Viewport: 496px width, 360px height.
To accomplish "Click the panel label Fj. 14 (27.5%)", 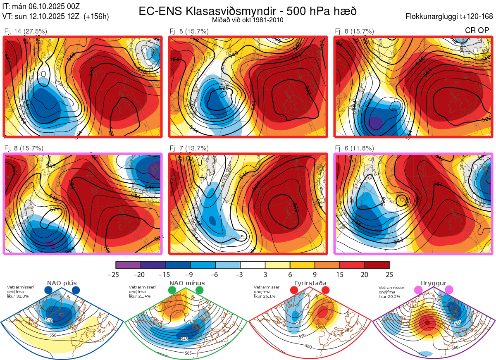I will [25, 31].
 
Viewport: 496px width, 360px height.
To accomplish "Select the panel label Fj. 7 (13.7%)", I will [189, 148].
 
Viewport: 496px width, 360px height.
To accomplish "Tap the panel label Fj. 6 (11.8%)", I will [354, 148].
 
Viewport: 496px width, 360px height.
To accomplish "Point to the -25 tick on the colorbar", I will [116, 274].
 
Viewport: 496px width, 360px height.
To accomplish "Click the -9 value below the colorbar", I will [191, 274].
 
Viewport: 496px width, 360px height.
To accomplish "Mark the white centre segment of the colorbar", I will [253, 265].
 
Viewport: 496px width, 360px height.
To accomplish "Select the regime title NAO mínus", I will [187, 283].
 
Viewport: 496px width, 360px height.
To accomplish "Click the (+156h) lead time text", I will [96, 17].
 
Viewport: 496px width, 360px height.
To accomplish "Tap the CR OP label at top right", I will [477, 31].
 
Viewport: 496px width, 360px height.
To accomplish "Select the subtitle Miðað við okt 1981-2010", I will [248, 20].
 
